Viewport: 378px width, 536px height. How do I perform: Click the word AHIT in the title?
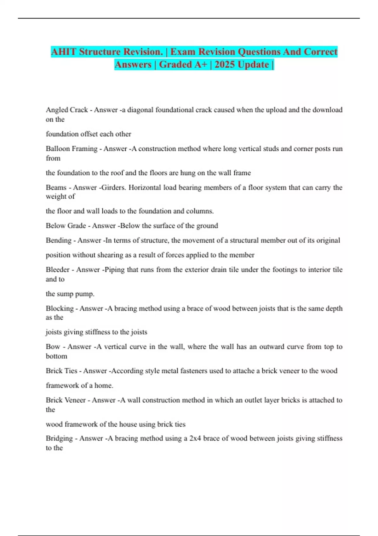[64, 52]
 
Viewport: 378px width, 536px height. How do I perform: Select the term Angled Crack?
[67, 110]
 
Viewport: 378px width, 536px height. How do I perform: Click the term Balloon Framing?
[72, 149]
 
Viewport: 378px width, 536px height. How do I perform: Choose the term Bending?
[59, 240]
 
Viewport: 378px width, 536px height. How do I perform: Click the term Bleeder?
[58, 270]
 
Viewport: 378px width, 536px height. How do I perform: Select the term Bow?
[53, 347]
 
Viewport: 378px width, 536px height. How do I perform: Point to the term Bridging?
[59, 438]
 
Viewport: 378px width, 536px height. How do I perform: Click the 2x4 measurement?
[195, 438]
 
